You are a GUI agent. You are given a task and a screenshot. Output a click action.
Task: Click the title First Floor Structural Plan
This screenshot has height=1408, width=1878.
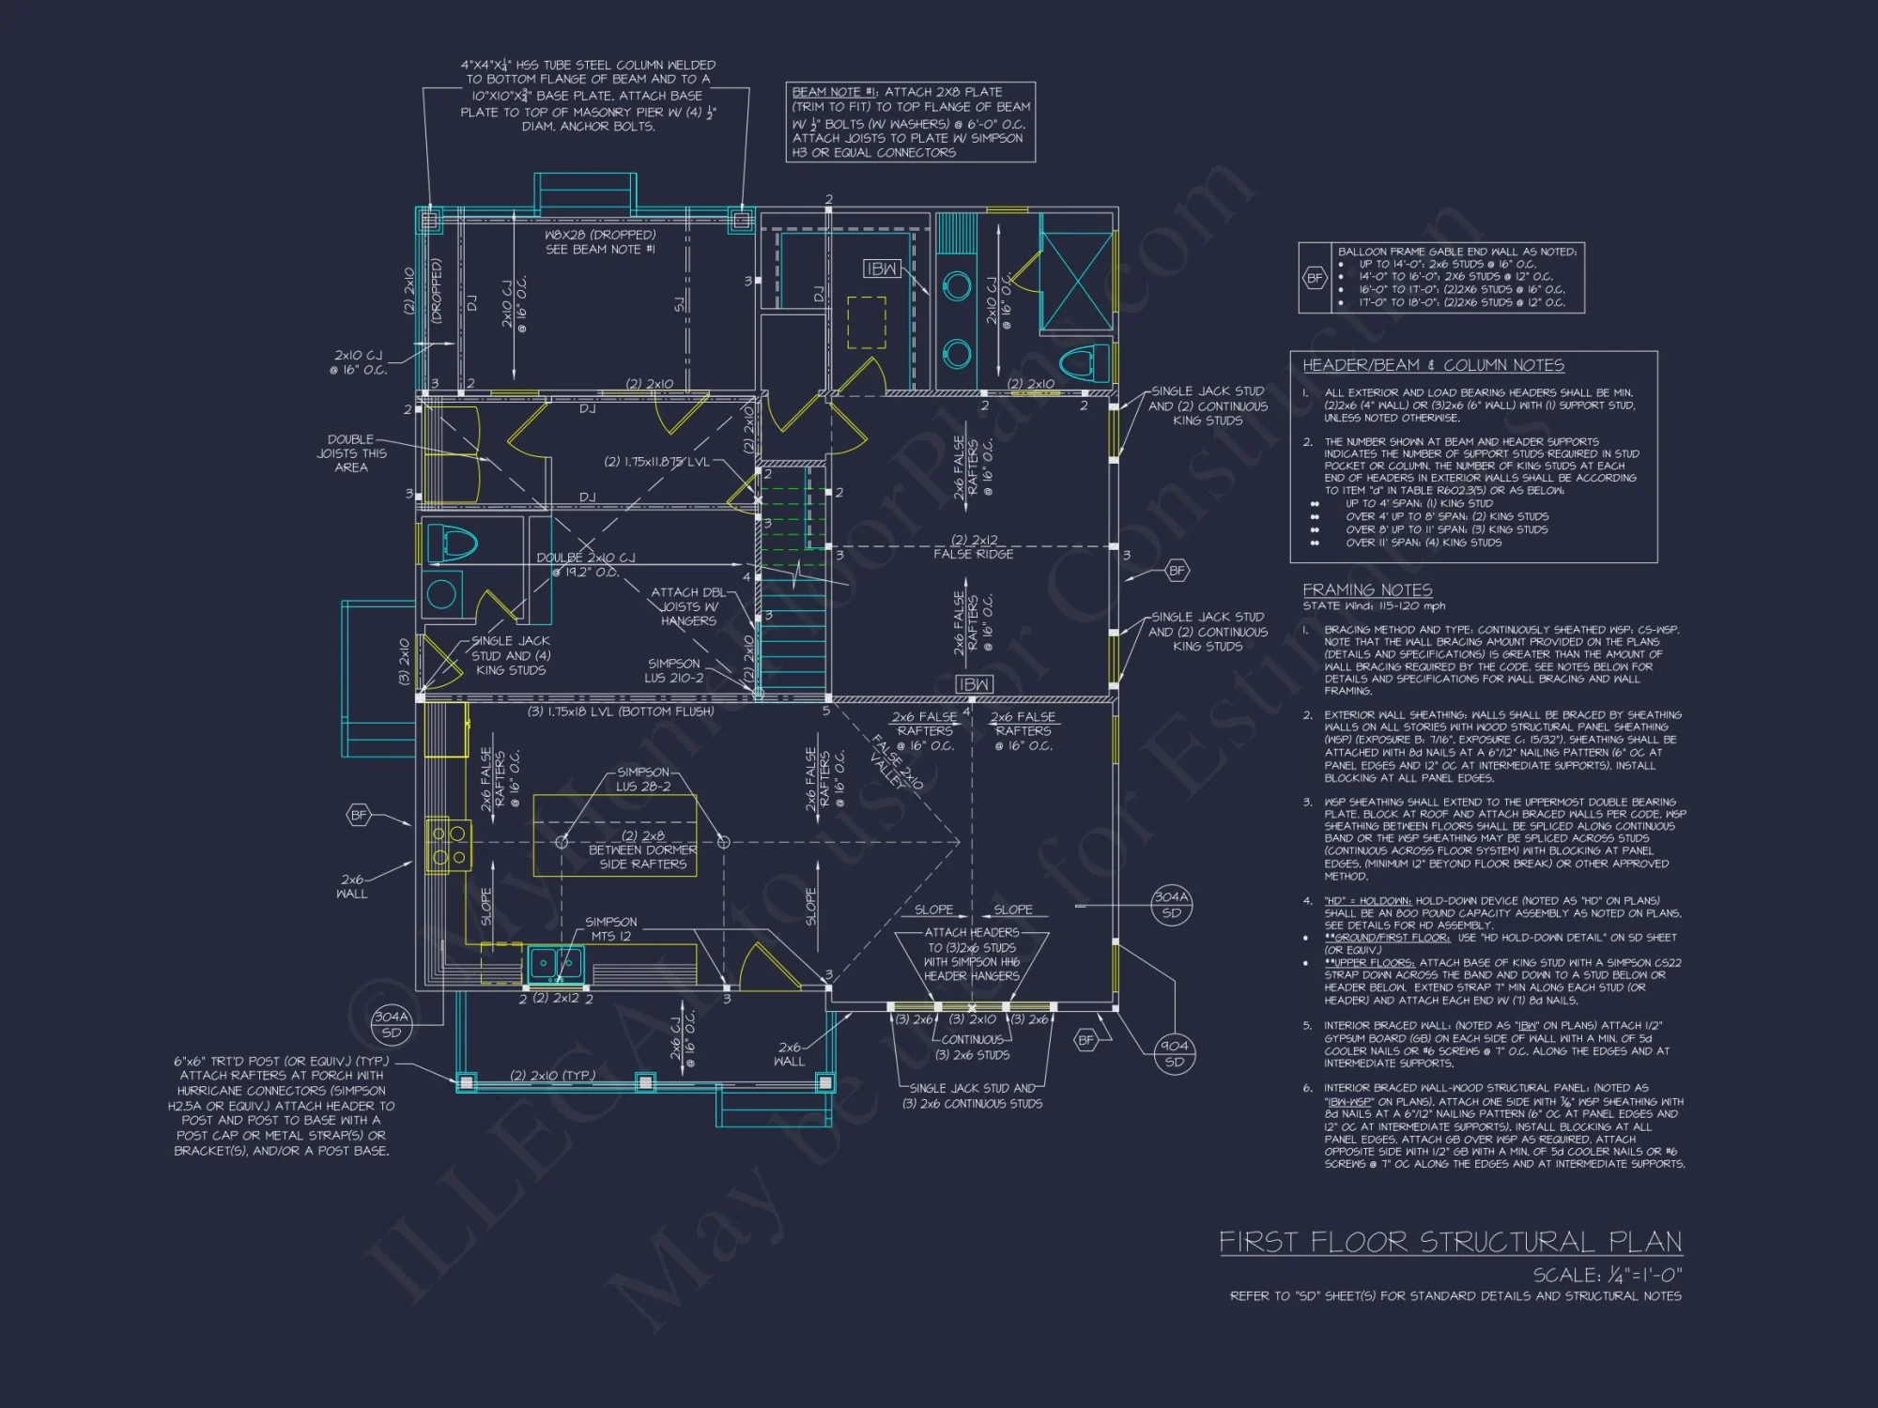click(x=1450, y=1242)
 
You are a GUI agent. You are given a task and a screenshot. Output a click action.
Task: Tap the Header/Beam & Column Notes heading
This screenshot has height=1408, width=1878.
click(x=1433, y=365)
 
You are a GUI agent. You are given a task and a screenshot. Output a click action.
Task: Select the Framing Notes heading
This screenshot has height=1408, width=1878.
click(x=1367, y=589)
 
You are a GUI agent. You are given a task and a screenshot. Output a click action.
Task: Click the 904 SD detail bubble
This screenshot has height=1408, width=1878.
click(x=1174, y=1053)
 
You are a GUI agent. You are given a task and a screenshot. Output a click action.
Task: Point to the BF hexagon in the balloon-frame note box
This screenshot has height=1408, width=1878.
click(x=1315, y=278)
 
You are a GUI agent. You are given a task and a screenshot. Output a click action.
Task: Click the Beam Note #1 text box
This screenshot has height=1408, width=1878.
click(x=910, y=122)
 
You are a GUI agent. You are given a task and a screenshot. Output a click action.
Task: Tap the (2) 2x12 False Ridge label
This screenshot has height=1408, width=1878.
click(x=974, y=546)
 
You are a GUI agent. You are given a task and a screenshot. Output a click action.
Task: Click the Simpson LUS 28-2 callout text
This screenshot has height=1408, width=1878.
click(x=643, y=779)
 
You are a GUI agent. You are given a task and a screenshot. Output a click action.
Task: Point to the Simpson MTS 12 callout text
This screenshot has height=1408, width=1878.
click(x=610, y=928)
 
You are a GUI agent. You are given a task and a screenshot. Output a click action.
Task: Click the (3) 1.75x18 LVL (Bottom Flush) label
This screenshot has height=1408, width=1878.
click(x=621, y=712)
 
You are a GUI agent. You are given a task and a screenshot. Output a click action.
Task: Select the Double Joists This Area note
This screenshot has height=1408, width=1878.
click(x=350, y=453)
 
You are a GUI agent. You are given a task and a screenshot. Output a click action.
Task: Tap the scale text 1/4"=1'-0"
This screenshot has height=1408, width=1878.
click(x=1608, y=1275)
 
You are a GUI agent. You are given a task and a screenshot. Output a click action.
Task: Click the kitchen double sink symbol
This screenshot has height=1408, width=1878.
click(x=555, y=963)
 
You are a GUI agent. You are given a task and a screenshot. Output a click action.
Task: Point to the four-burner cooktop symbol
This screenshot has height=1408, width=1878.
click(x=448, y=845)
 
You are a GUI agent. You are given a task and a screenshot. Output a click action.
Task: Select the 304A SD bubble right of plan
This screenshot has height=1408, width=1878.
click(x=1171, y=904)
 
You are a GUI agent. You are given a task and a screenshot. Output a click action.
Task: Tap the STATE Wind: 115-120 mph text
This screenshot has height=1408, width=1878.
click(x=1374, y=606)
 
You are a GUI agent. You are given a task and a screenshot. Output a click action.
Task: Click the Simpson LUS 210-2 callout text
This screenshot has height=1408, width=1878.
click(x=673, y=670)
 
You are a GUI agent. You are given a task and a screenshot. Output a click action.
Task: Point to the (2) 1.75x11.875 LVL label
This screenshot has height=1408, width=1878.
click(x=657, y=462)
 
